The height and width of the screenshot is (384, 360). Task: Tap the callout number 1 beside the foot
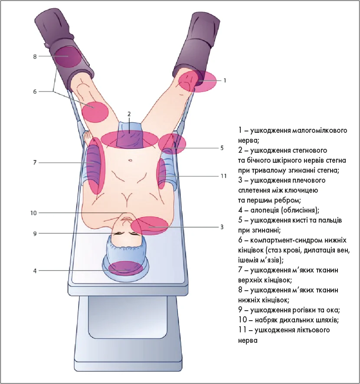[x=225, y=80]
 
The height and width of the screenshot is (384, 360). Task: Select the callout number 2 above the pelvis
[x=129, y=114]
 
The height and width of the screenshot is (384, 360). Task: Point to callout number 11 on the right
[x=223, y=177]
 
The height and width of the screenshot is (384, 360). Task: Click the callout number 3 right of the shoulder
[x=222, y=226]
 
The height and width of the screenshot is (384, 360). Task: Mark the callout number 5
[x=222, y=148]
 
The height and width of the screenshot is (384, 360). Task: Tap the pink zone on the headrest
[x=126, y=268]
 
